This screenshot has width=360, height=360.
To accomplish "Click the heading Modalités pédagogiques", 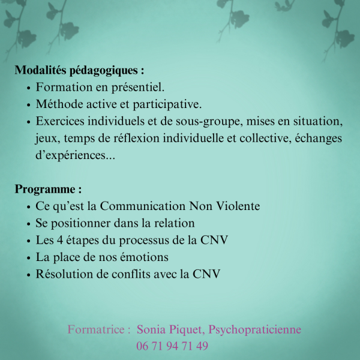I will (x=79, y=70).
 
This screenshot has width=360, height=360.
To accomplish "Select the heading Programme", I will (x=48, y=190).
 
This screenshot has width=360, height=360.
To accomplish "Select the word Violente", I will (x=238, y=206).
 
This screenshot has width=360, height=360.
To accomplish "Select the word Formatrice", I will (x=96, y=329).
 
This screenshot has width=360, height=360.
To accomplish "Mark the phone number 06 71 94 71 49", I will (x=172, y=346).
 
